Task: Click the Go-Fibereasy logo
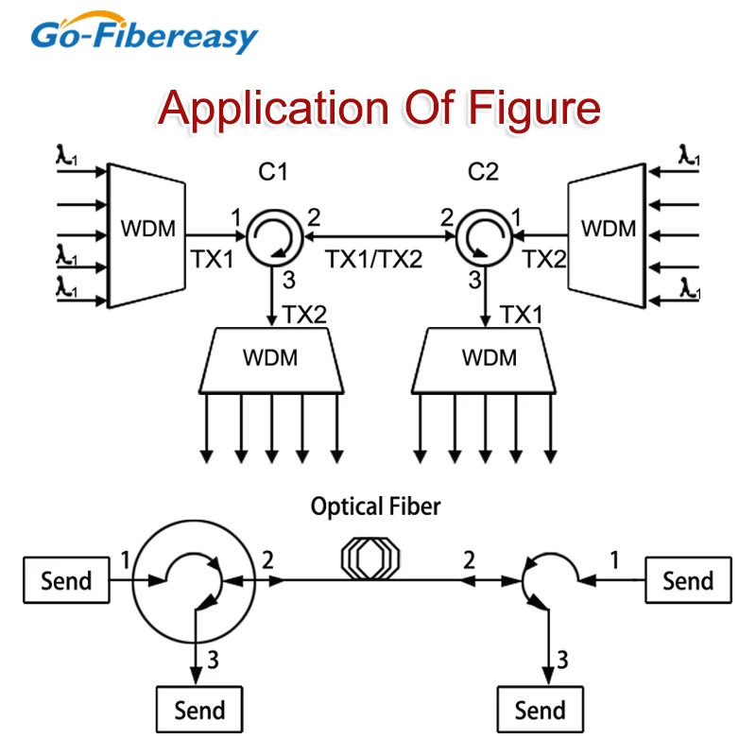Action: coord(145,33)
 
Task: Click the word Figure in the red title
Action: coord(534,109)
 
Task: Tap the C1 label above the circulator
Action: coord(273,172)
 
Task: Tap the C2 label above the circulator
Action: coord(483,172)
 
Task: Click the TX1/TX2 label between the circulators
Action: coord(373,259)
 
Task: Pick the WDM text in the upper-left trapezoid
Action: coord(148,229)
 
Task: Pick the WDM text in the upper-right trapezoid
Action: coord(609,229)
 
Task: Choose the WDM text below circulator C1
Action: coord(270,358)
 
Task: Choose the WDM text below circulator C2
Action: coord(490,358)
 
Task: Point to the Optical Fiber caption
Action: coord(375,507)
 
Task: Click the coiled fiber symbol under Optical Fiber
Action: coord(370,558)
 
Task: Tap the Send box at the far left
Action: coord(66,580)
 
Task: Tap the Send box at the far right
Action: coord(689,580)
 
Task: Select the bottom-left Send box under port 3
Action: coord(199,710)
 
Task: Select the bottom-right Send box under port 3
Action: coord(540,710)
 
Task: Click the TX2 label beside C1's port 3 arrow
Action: coord(304,315)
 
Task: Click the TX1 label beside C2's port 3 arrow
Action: coord(522,315)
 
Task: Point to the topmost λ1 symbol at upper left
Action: coord(66,155)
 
